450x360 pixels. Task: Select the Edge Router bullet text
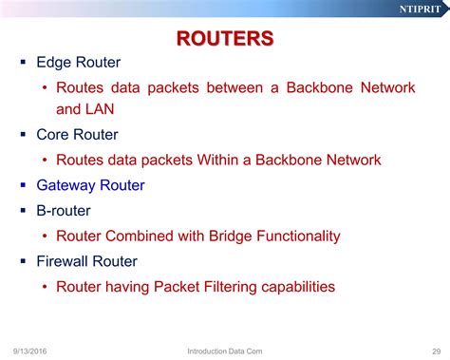pos(78,63)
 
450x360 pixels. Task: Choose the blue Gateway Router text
pos(90,184)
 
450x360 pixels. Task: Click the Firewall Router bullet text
pos(86,260)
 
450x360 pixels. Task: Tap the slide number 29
pos(436,351)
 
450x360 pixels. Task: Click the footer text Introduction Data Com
pos(225,351)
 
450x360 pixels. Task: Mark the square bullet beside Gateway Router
pos(23,184)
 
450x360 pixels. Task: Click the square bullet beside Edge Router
pos(23,63)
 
